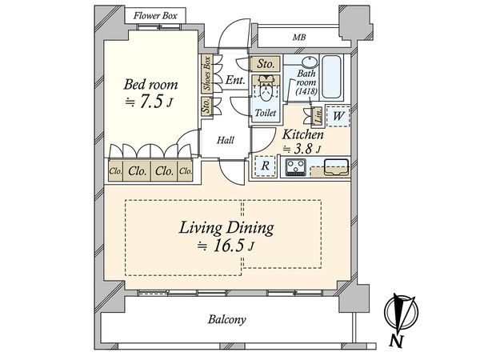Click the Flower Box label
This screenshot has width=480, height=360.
(x=155, y=16)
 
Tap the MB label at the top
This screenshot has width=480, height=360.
(x=299, y=38)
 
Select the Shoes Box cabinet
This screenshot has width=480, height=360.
(x=207, y=74)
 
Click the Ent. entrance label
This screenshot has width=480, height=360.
(x=235, y=80)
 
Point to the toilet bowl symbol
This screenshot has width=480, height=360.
(x=266, y=90)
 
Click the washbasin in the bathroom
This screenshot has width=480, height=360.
(x=310, y=62)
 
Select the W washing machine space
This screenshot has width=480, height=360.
(x=338, y=116)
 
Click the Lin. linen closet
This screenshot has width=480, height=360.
(x=318, y=117)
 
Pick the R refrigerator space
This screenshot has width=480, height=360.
(x=265, y=166)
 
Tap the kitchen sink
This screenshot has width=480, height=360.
(x=337, y=167)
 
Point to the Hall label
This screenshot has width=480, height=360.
(x=226, y=141)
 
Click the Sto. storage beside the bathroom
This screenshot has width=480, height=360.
(x=265, y=64)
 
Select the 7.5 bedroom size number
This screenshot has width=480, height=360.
(x=150, y=102)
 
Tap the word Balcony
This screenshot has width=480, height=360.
(x=227, y=319)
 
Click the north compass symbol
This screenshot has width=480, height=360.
(x=401, y=315)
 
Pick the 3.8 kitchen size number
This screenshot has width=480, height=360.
(x=303, y=149)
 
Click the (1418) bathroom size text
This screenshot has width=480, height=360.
(x=306, y=91)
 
